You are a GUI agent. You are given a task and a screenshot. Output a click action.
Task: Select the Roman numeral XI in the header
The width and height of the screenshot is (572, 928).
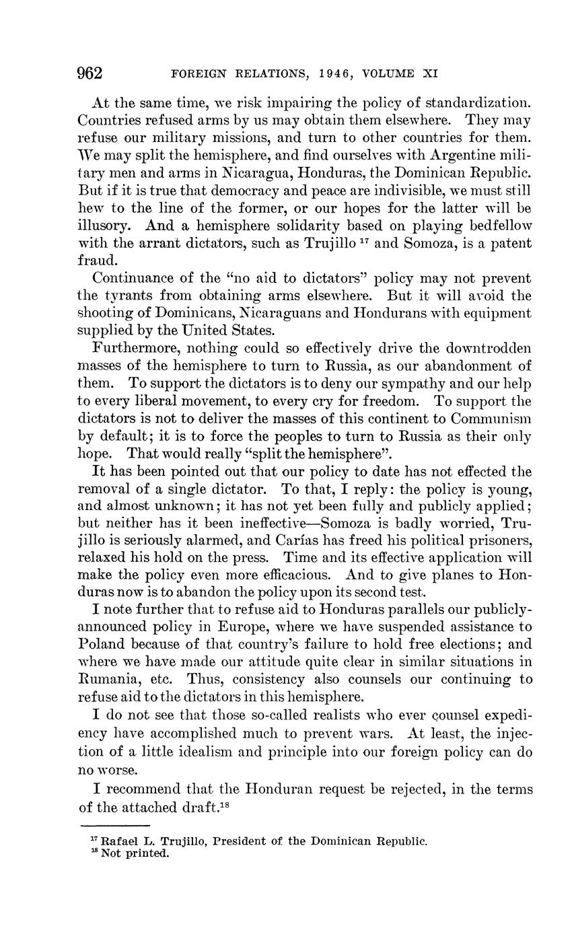[x=430, y=74]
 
